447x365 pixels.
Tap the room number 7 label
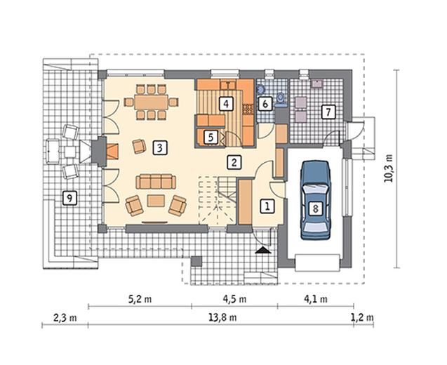coord(328,112)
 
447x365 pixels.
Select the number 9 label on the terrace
coord(69,198)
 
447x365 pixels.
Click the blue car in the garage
coord(315,199)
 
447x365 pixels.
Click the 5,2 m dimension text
coord(140,299)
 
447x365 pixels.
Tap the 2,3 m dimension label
coord(65,317)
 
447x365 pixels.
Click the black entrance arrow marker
coord(263,251)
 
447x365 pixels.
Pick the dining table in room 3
coord(151,102)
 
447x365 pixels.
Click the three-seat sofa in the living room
coord(156,182)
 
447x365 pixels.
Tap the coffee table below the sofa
coord(156,201)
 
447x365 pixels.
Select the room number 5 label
coord(211,137)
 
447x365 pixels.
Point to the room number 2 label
coord(234,163)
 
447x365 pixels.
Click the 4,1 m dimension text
coord(316,299)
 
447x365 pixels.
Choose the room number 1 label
coord(267,206)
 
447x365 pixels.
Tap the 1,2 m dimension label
coord(362,317)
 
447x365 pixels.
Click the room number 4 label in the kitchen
coord(226,104)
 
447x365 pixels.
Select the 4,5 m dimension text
coord(234,299)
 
